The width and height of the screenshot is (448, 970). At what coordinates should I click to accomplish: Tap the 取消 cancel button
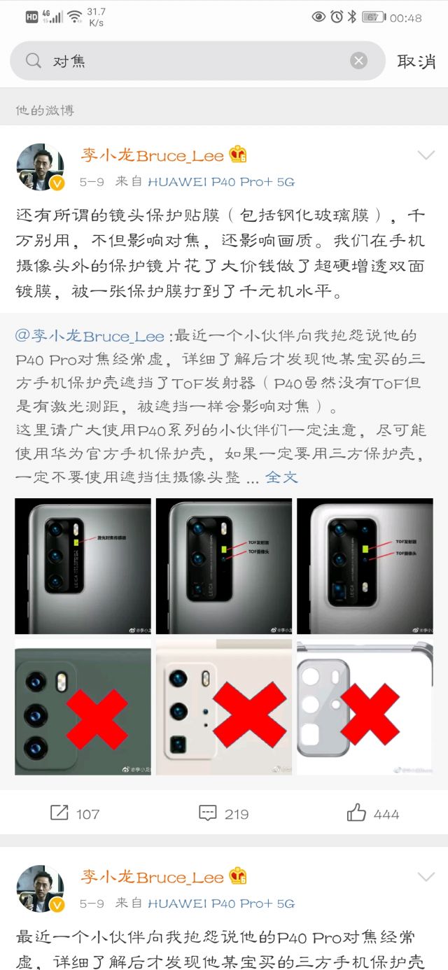(x=416, y=61)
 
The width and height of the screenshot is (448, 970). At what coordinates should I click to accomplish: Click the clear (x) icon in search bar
(x=359, y=61)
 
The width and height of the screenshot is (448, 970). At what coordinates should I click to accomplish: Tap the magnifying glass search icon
(x=33, y=61)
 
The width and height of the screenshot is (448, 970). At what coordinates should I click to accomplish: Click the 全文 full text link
(x=281, y=477)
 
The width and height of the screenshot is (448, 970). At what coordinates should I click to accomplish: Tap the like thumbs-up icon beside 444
(x=357, y=813)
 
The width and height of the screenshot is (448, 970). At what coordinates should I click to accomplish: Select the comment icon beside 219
(x=208, y=813)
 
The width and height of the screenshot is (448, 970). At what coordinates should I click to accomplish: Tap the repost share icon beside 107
(x=59, y=813)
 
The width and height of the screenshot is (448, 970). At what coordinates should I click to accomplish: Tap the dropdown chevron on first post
(x=426, y=155)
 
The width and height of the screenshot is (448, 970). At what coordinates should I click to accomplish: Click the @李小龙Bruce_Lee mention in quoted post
(x=90, y=336)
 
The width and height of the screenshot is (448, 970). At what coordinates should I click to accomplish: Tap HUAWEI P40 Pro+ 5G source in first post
(x=221, y=182)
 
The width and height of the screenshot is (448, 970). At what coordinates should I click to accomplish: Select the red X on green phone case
(x=97, y=719)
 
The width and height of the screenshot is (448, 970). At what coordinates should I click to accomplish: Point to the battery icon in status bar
(x=373, y=17)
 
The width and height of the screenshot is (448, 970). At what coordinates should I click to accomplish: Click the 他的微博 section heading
(x=45, y=110)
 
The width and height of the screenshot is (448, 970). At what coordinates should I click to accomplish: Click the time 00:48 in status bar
(x=406, y=17)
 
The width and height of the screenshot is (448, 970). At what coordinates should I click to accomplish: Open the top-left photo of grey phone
(x=83, y=565)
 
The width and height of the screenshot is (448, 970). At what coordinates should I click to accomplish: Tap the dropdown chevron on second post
(x=426, y=876)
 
